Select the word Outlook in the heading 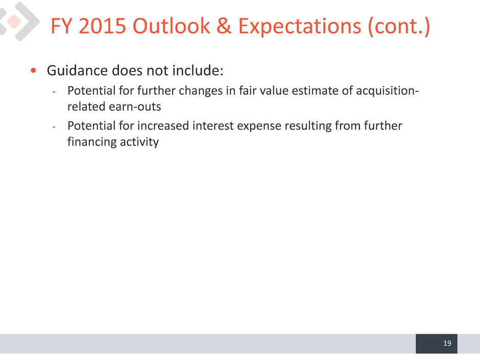pos(171,26)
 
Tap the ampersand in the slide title pos(224,26)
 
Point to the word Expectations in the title pos(300,27)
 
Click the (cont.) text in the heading pos(399,27)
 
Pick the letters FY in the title pos(61,26)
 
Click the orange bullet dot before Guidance pos(33,70)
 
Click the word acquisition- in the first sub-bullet pos(387,91)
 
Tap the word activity pos(139,142)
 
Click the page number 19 pos(447,343)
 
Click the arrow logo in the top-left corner pos(19,21)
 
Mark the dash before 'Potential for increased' pos(54,127)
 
